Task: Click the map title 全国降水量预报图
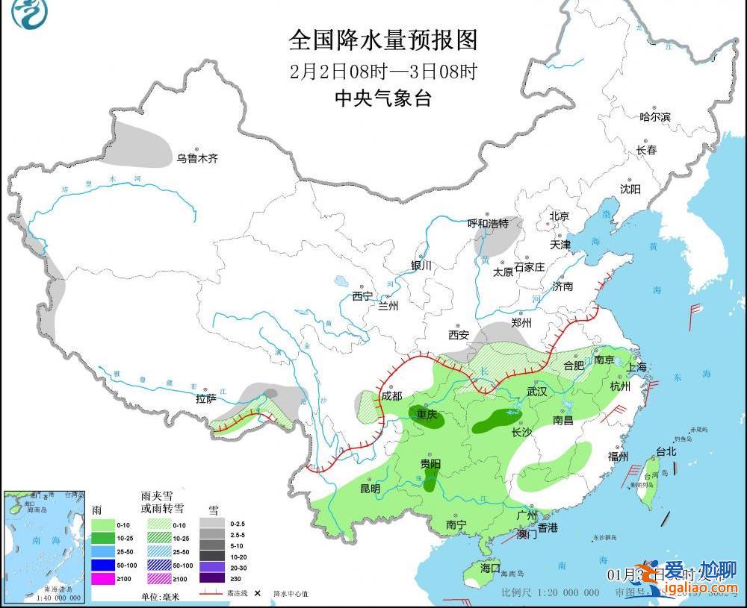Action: click(x=382, y=40)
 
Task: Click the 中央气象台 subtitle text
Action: click(x=382, y=98)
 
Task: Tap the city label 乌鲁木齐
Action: click(x=197, y=158)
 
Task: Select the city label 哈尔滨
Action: click(x=655, y=117)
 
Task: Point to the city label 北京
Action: click(x=560, y=216)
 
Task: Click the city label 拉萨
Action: click(x=206, y=399)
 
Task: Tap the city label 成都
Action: click(x=391, y=396)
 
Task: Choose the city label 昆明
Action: click(x=371, y=489)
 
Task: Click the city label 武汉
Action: click(x=536, y=392)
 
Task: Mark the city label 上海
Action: click(x=636, y=367)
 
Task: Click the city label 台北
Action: click(x=666, y=451)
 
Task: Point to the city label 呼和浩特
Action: click(x=488, y=223)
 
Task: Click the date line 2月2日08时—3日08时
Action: click(x=382, y=72)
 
